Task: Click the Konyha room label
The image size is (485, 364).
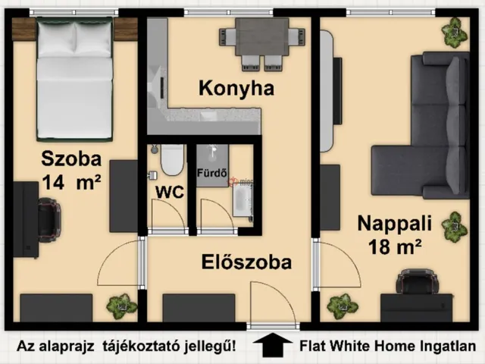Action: [236, 89]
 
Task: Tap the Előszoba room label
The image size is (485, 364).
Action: [247, 263]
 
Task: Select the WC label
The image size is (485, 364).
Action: [169, 192]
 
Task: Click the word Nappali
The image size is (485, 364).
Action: [394, 224]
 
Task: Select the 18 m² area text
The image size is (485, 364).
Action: [394, 246]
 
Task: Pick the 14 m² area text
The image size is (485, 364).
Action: [72, 183]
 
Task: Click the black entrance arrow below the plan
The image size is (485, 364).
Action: [273, 346]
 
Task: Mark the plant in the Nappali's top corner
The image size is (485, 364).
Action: [454, 31]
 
